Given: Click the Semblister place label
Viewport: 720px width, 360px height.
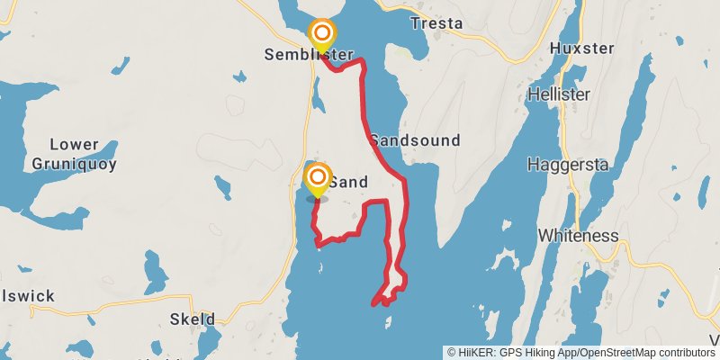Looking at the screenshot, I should [309, 55].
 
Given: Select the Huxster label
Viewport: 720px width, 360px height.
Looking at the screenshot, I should [582, 49].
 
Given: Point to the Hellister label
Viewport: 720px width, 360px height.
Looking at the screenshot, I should [559, 94].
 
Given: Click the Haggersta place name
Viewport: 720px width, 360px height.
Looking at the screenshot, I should [569, 165].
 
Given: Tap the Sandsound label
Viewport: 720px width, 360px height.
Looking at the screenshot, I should [415, 140].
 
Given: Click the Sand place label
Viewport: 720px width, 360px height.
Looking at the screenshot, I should [348, 182].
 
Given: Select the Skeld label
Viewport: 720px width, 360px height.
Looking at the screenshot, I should [193, 319].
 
